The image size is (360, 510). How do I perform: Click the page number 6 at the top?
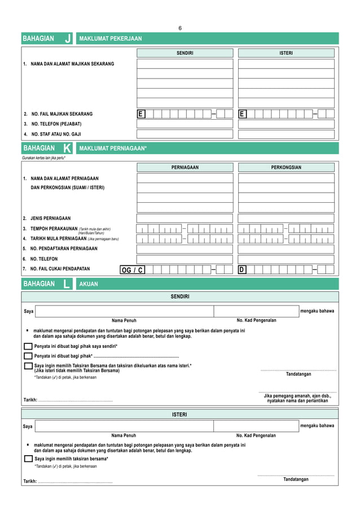pyautogui.click(x=180, y=28)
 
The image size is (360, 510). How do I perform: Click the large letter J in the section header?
pyautogui.click(x=68, y=39)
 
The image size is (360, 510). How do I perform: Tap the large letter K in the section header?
pyautogui.click(x=67, y=149)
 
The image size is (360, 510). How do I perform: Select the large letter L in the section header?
pyautogui.click(x=67, y=284)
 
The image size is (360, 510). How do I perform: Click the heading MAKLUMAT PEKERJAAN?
pyautogui.click(x=111, y=39)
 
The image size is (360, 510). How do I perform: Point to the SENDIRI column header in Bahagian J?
pyautogui.click(x=185, y=53)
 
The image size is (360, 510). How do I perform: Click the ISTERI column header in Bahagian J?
pyautogui.click(x=286, y=53)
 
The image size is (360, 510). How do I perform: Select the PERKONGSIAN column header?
pyautogui.click(x=286, y=168)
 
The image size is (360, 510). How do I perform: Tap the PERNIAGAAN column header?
pyautogui.click(x=185, y=168)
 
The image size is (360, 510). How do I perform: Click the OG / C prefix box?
pyautogui.click(x=132, y=270)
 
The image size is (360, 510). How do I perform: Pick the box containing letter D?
pyautogui.click(x=242, y=270)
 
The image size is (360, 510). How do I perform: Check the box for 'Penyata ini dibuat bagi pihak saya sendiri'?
pyautogui.click(x=28, y=346)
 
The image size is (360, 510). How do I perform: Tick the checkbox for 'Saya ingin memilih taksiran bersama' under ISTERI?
pyautogui.click(x=28, y=459)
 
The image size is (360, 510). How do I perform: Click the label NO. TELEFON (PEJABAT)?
pyautogui.click(x=56, y=124)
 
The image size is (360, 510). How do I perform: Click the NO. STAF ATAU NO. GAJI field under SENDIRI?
pyautogui.click(x=185, y=134)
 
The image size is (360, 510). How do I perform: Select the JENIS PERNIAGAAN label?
pyautogui.click(x=50, y=219)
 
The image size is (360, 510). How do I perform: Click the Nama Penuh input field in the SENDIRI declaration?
pyautogui.click(x=124, y=311)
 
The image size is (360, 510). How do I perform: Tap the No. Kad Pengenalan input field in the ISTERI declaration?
pyautogui.click(x=256, y=426)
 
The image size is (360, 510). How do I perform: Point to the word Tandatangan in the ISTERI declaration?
pyautogui.click(x=296, y=480)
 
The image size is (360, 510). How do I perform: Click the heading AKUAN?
pyautogui.click(x=89, y=284)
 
